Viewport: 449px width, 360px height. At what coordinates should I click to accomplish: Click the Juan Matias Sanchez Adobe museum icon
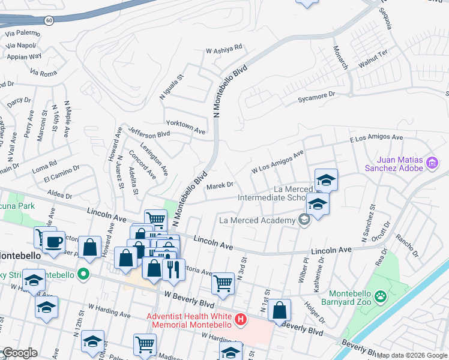pos(431,163)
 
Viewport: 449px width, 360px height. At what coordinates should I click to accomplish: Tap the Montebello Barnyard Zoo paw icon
pos(379,296)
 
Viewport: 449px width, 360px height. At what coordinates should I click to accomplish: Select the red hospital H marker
pos(241,319)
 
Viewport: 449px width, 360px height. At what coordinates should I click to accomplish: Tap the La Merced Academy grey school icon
pos(304,220)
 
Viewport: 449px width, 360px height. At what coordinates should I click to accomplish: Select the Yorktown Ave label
pos(185,126)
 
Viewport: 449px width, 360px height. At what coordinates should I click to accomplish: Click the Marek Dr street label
pos(219,186)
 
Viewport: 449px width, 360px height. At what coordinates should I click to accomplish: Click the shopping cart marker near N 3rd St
pos(223,283)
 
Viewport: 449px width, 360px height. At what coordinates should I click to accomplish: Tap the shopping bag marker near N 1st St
pos(280,311)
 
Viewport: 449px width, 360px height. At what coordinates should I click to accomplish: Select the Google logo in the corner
pos(19,353)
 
